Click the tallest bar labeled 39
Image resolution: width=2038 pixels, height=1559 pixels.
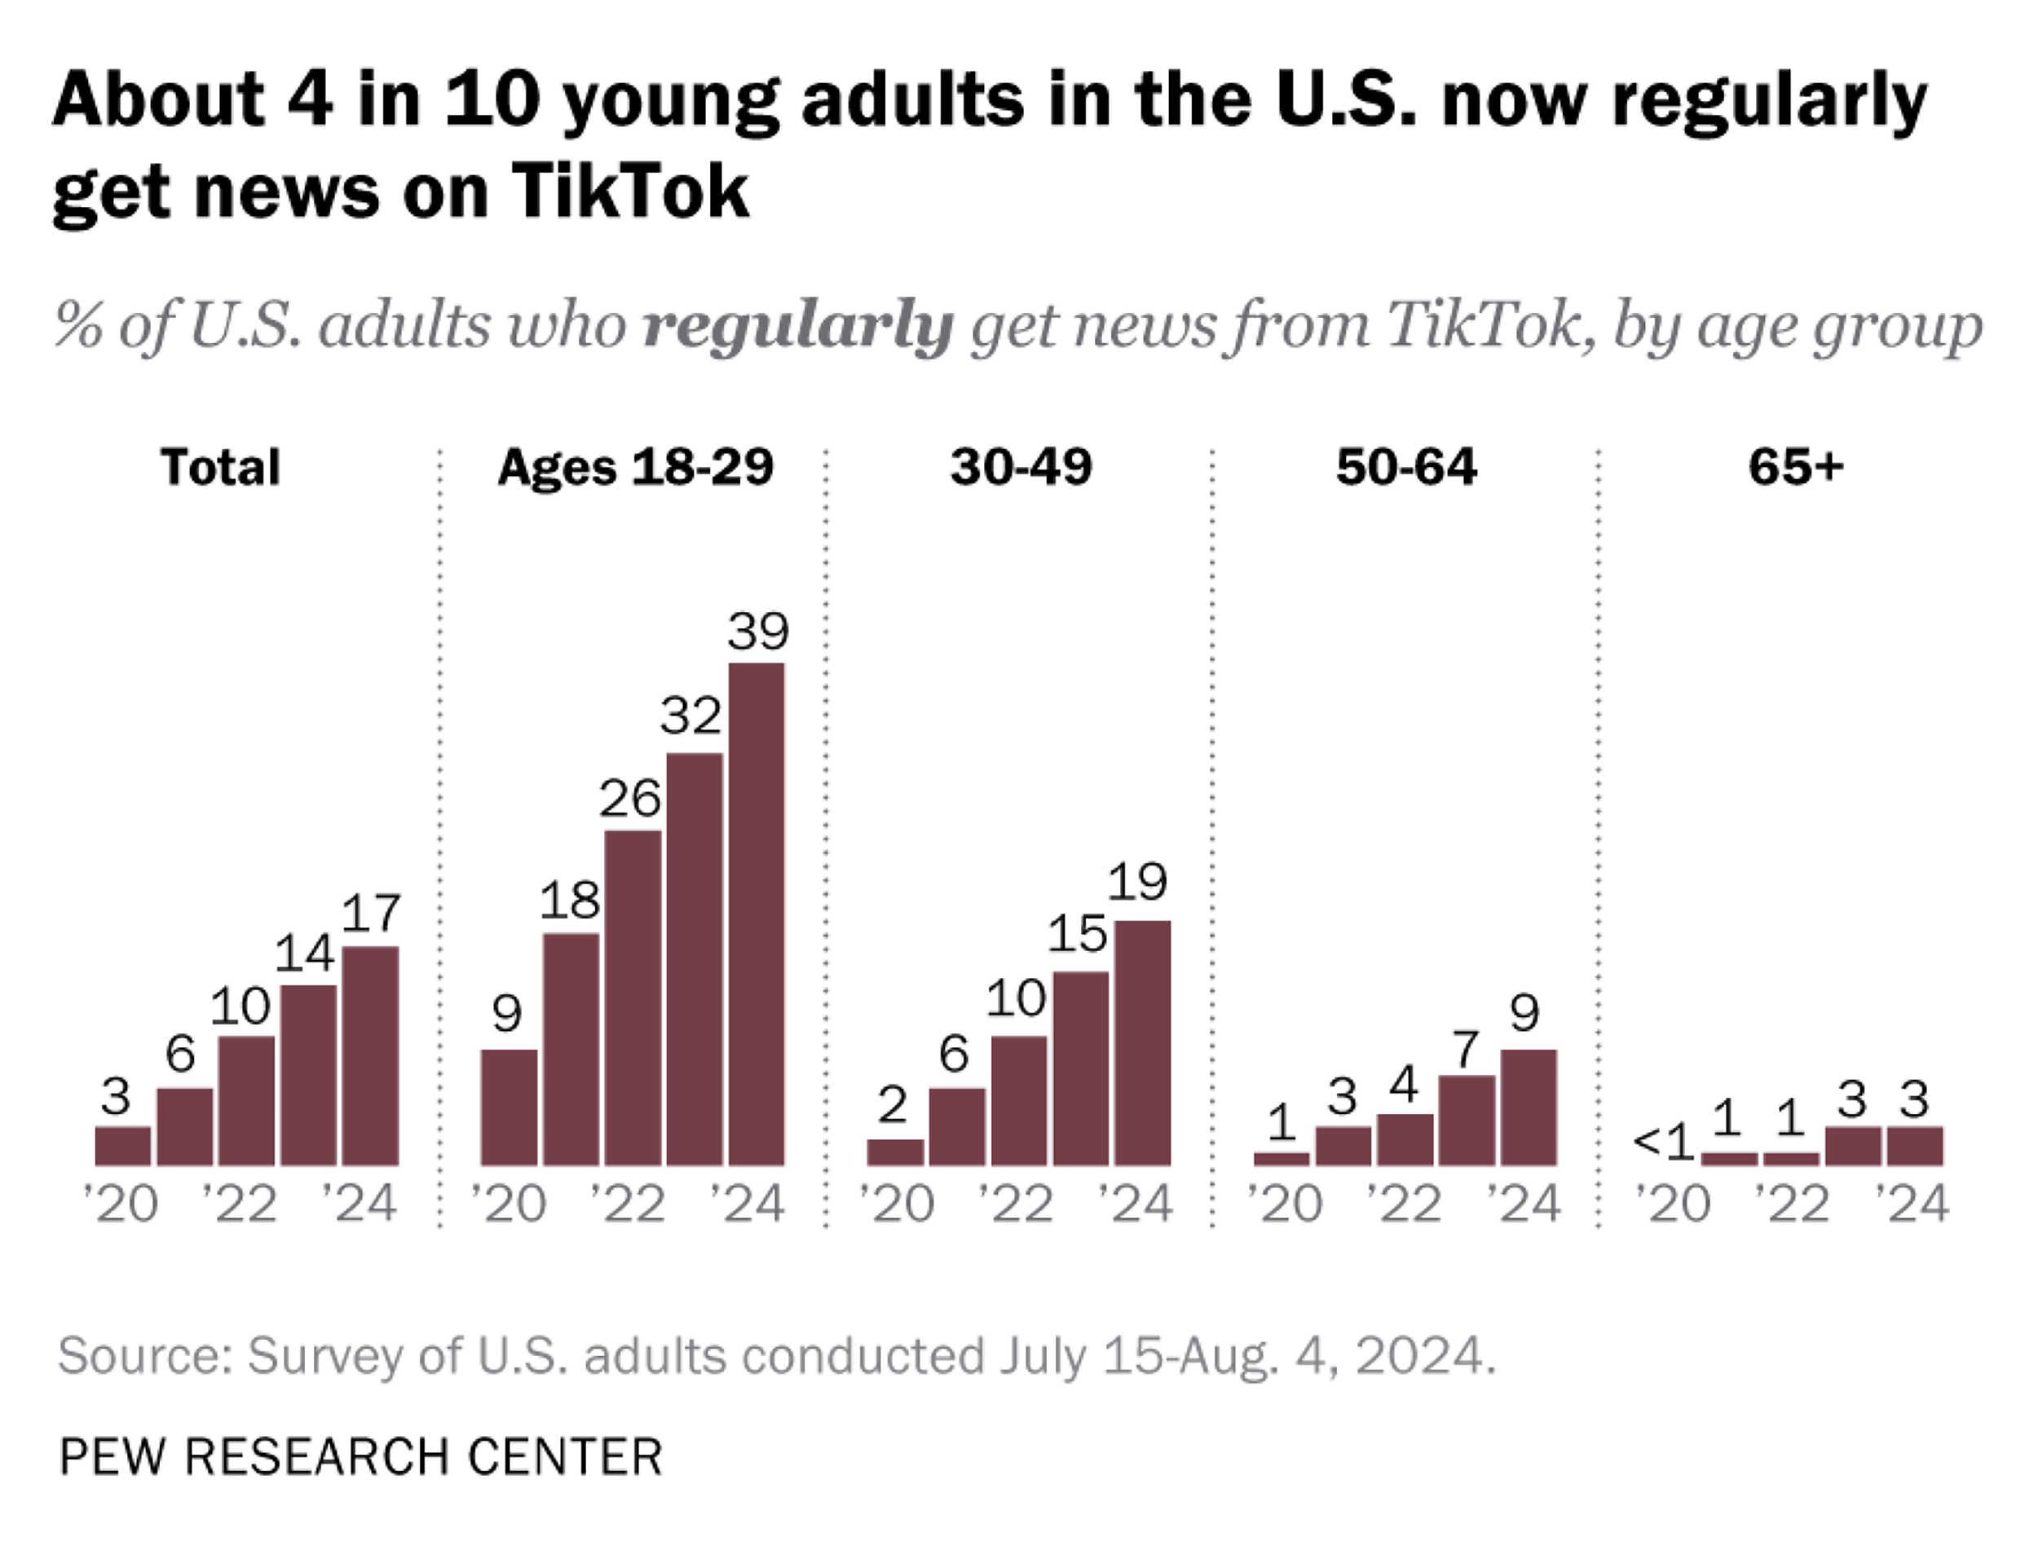[x=757, y=914]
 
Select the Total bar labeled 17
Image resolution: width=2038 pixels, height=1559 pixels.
[x=370, y=1056]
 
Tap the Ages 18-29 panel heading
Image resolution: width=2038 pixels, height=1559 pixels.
[x=635, y=466]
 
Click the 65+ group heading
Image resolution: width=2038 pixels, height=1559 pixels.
[x=1795, y=466]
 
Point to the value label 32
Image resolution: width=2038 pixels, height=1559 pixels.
[x=690, y=716]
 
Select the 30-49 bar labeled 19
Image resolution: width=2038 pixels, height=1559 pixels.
[x=1142, y=1043]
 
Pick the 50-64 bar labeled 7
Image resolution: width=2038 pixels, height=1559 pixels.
[x=1467, y=1120]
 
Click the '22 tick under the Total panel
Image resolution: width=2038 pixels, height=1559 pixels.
[x=240, y=1204]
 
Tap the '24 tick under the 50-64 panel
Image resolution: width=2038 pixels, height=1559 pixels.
[x=1523, y=1204]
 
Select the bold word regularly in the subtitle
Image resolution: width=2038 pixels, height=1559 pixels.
[x=798, y=326]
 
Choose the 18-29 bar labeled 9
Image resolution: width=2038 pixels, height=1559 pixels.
[x=509, y=1107]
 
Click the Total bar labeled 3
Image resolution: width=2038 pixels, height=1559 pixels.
[x=122, y=1145]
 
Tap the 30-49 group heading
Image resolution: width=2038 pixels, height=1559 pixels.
[x=1021, y=466]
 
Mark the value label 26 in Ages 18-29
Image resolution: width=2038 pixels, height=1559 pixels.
[x=629, y=798]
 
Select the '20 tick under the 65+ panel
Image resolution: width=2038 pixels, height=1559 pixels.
[x=1672, y=1204]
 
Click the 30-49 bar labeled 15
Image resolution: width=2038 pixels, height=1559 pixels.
[x=1080, y=1068]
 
